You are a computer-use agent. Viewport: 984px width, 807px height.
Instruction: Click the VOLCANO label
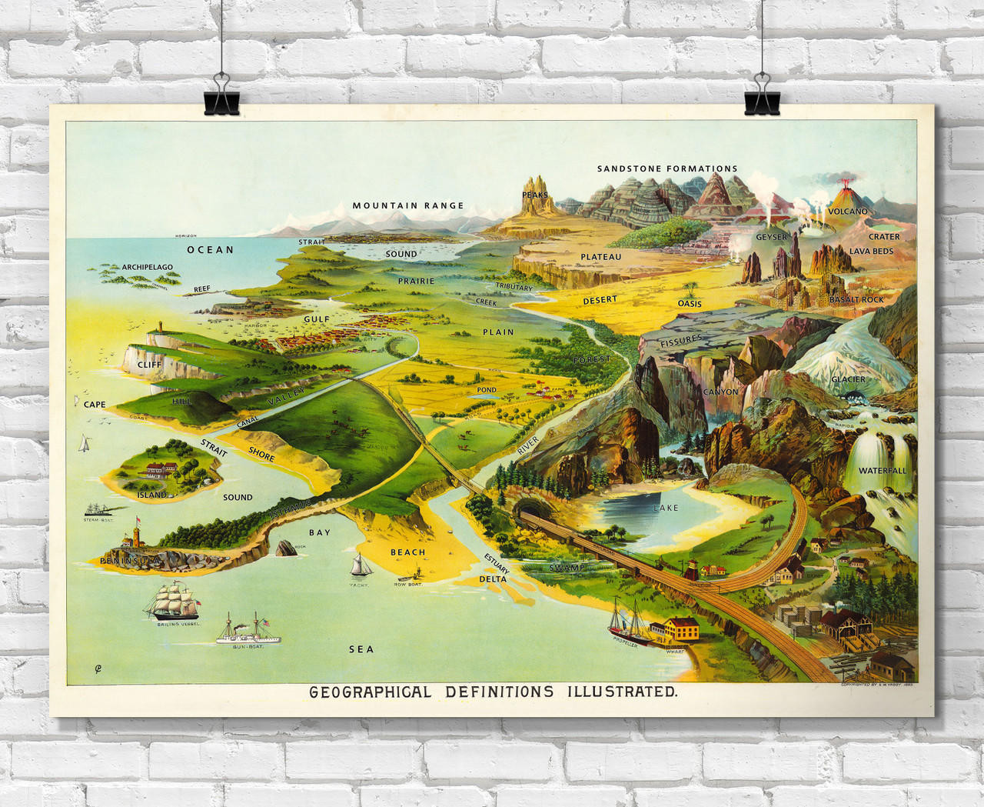[x=848, y=211]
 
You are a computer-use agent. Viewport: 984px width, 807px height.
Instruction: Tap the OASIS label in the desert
[x=690, y=303]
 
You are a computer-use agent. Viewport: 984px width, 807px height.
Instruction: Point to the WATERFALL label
[x=883, y=470]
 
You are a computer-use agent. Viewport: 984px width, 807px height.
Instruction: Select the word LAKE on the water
[x=666, y=509]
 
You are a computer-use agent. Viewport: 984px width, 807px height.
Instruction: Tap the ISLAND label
[x=152, y=495]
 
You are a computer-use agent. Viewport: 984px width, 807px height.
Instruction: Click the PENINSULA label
[x=131, y=562]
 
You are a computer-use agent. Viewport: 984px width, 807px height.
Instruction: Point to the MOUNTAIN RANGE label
[x=408, y=205]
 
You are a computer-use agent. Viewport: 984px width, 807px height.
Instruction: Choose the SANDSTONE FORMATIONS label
[x=667, y=168]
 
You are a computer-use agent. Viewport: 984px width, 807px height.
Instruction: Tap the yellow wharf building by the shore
[x=676, y=629]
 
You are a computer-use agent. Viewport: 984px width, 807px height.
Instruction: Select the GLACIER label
[x=848, y=379]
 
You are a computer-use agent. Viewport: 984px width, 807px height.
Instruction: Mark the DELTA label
[x=493, y=579]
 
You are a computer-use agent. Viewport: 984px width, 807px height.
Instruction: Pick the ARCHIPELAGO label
[x=147, y=267]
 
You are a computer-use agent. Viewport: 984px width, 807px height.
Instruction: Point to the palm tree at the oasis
[x=692, y=289]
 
